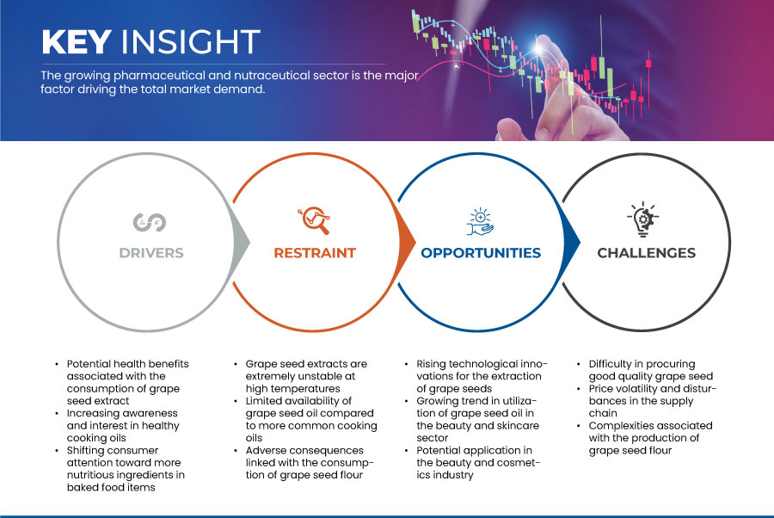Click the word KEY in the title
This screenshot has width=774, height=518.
(x=77, y=41)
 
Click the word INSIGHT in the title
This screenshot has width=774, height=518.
(x=191, y=41)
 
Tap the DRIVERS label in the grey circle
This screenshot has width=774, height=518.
(x=151, y=253)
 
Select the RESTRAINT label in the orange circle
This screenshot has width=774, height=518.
(x=315, y=253)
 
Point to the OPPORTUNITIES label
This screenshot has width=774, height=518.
(x=481, y=253)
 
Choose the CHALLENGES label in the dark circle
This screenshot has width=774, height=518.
(x=646, y=253)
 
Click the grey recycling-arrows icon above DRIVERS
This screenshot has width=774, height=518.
(x=150, y=222)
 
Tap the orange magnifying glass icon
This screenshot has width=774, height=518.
(x=314, y=220)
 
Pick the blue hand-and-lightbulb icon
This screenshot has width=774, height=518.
(x=480, y=222)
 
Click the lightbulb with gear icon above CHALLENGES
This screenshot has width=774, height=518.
(x=642, y=219)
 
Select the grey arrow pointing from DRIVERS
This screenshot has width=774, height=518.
(x=242, y=242)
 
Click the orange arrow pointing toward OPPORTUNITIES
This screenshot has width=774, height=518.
(x=407, y=242)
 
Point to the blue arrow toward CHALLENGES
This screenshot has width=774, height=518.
(x=572, y=242)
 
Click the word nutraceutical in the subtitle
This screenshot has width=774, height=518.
(x=266, y=76)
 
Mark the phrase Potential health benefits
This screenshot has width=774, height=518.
(x=128, y=364)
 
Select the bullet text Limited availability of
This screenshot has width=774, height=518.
(x=298, y=401)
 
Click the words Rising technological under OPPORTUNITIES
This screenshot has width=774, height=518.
(x=471, y=364)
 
